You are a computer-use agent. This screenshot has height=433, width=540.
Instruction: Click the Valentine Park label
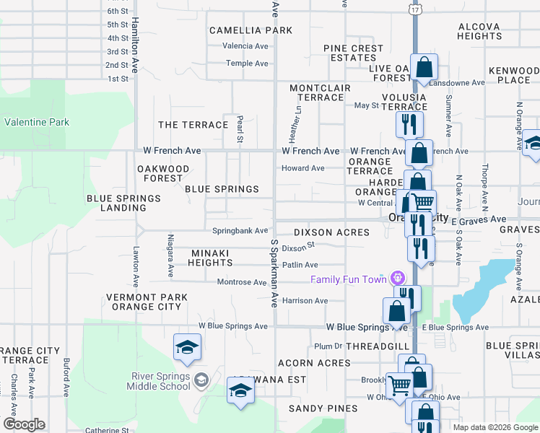[x=37, y=122]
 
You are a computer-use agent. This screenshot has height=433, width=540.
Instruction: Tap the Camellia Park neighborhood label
[x=251, y=30]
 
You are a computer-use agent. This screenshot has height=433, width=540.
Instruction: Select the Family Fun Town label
[x=349, y=279]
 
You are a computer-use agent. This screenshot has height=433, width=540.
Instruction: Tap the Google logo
[x=23, y=424]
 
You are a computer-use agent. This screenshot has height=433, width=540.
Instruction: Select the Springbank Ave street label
[x=240, y=231]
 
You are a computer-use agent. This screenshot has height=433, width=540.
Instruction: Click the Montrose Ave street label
[x=242, y=282]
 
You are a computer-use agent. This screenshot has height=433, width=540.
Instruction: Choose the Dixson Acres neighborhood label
[x=331, y=232]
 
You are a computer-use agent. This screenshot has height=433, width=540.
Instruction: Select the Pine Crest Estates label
[x=354, y=53]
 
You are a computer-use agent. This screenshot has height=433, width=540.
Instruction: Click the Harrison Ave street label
[x=305, y=300]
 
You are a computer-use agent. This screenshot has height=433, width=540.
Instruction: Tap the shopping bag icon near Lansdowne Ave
[x=424, y=68]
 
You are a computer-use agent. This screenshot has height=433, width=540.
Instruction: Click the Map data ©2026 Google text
[x=495, y=427]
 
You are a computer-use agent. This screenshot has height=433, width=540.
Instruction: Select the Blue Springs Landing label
[x=123, y=204]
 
